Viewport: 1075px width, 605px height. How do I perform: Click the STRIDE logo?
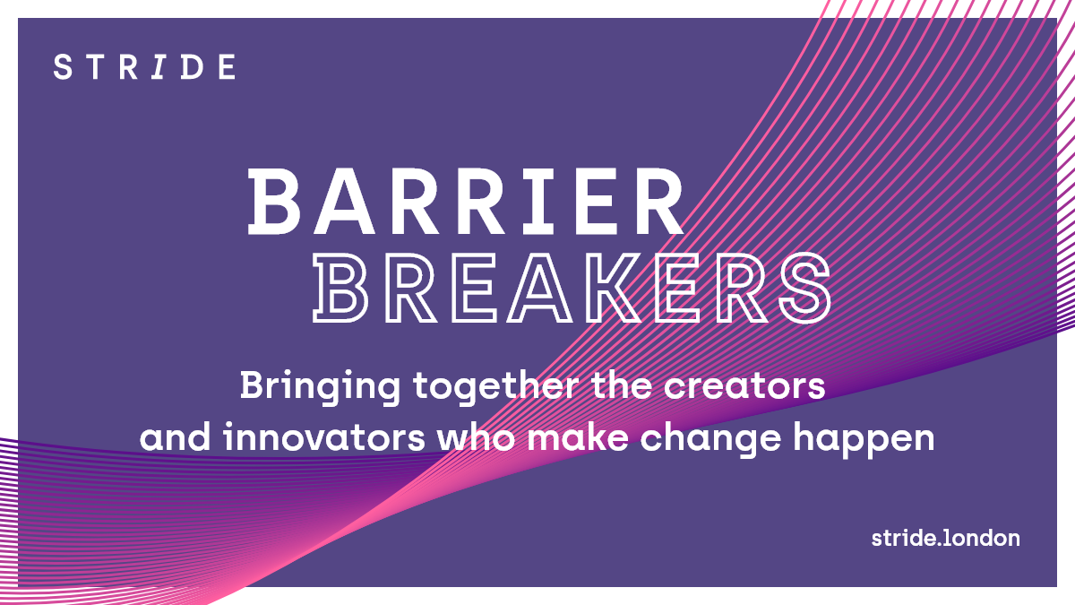click(x=144, y=66)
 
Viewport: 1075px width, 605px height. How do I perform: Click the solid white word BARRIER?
click(x=466, y=201)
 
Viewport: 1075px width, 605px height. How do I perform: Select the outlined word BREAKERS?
click(x=572, y=288)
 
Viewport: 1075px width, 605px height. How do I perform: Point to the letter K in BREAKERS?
click(x=613, y=288)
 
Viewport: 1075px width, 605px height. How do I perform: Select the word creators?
click(x=744, y=386)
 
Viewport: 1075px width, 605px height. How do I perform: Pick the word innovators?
click(x=324, y=437)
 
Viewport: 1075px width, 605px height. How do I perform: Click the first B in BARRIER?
click(x=273, y=201)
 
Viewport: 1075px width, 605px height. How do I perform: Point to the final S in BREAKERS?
click(x=805, y=288)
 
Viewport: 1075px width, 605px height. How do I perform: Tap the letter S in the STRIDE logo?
click(x=63, y=66)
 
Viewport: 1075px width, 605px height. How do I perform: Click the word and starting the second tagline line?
click(x=176, y=437)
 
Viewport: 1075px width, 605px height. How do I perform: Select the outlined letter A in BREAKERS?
click(x=539, y=288)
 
